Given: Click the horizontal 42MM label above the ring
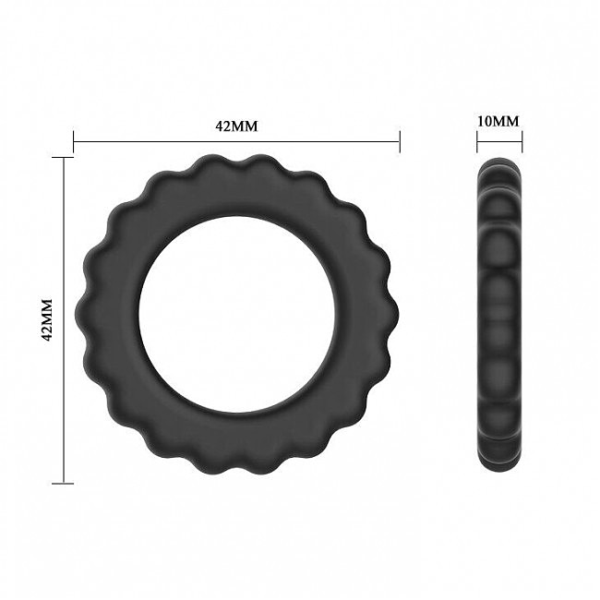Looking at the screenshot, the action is point(236,126).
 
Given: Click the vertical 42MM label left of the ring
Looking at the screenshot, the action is point(47,320).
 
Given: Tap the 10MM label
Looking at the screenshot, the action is point(498,121).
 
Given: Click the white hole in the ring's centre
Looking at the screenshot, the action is point(238,314).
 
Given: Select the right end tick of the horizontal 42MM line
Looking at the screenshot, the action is point(400,141).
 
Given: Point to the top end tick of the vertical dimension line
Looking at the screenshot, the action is point(63,157).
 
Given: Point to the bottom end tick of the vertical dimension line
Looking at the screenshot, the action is point(63,484).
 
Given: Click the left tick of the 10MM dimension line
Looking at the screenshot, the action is point(477,141).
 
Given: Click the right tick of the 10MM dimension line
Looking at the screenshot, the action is point(522,141).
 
